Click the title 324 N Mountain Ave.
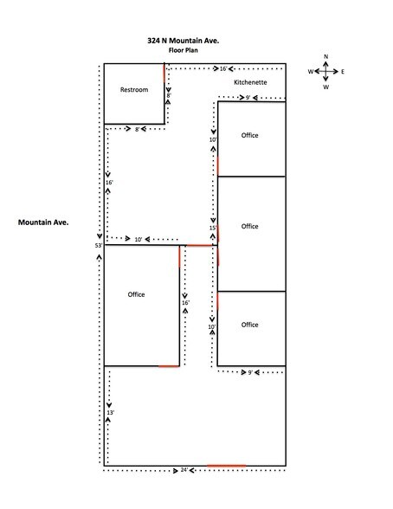183,41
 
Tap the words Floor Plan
183,50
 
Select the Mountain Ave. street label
43,222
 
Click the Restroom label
134,90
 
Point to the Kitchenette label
250,82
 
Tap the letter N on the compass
325,56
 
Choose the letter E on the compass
343,71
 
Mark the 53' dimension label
99,246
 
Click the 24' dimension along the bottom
184,470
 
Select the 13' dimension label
110,413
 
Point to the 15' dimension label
213,228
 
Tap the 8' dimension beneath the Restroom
137,129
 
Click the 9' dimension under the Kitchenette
248,97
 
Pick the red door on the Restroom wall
164,74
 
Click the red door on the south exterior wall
226,466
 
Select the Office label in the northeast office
249,135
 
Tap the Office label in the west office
136,294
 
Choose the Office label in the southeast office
249,325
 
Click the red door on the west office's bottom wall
169,366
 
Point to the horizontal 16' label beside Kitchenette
223,69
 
